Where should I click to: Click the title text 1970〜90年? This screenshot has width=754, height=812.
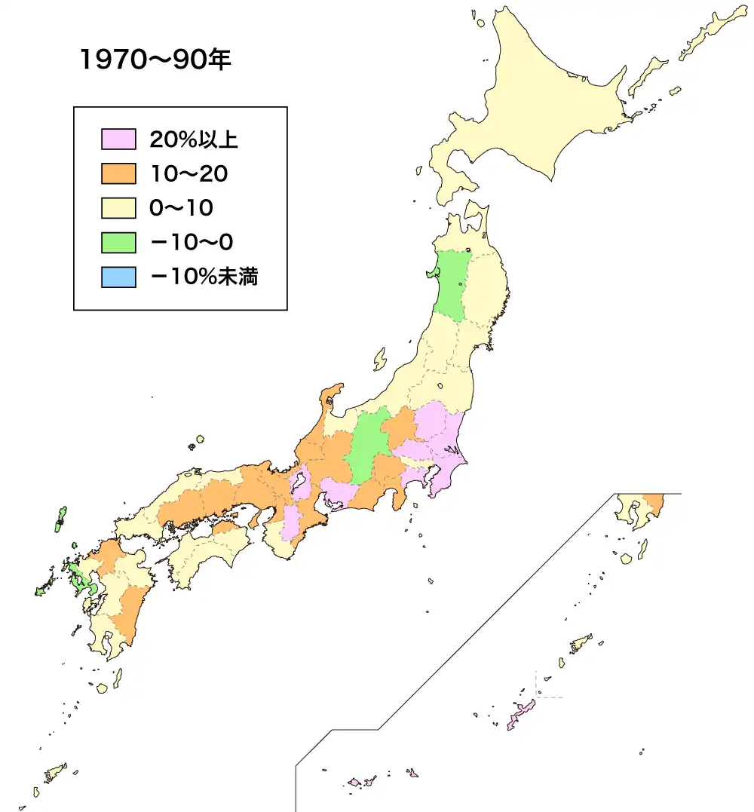point(155,60)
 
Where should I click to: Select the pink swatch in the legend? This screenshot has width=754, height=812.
point(118,139)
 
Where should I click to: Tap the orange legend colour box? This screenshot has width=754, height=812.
point(118,174)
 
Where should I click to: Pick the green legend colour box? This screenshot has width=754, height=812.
point(118,243)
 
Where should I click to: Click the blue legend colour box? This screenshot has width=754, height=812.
point(118,277)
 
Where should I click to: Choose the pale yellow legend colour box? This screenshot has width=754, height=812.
point(118,208)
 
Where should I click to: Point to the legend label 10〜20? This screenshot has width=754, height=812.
point(188,174)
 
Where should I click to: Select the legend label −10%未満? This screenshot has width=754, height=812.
point(204,277)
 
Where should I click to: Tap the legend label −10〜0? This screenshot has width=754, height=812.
point(192,243)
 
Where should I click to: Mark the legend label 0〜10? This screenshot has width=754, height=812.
point(182,208)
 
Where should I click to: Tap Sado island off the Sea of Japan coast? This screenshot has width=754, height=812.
point(380,359)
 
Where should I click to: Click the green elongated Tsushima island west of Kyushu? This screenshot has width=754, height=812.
point(60,519)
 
